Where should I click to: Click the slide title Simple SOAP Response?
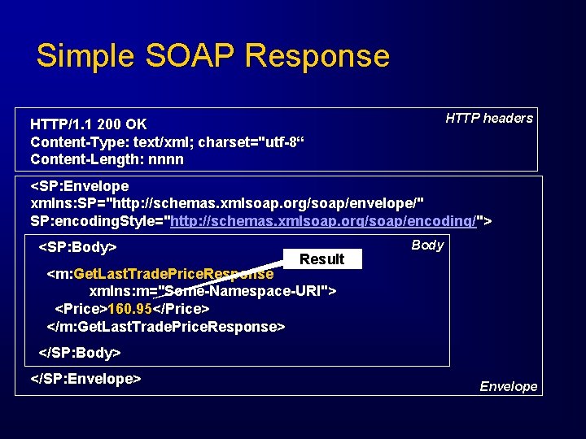[213, 56]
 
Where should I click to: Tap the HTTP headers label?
[489, 118]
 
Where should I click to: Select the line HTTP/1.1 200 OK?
[89, 124]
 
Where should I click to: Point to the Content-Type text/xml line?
[167, 142]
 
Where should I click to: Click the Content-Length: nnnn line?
[107, 159]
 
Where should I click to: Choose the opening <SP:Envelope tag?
[80, 187]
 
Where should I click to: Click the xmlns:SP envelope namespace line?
[227, 204]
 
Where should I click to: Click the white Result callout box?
[322, 259]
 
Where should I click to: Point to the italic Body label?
[427, 245]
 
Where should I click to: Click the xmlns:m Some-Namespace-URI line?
[213, 291]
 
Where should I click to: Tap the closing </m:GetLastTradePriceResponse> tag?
[166, 326]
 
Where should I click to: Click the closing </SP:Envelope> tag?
[86, 379]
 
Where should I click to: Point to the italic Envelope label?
[508, 386]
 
